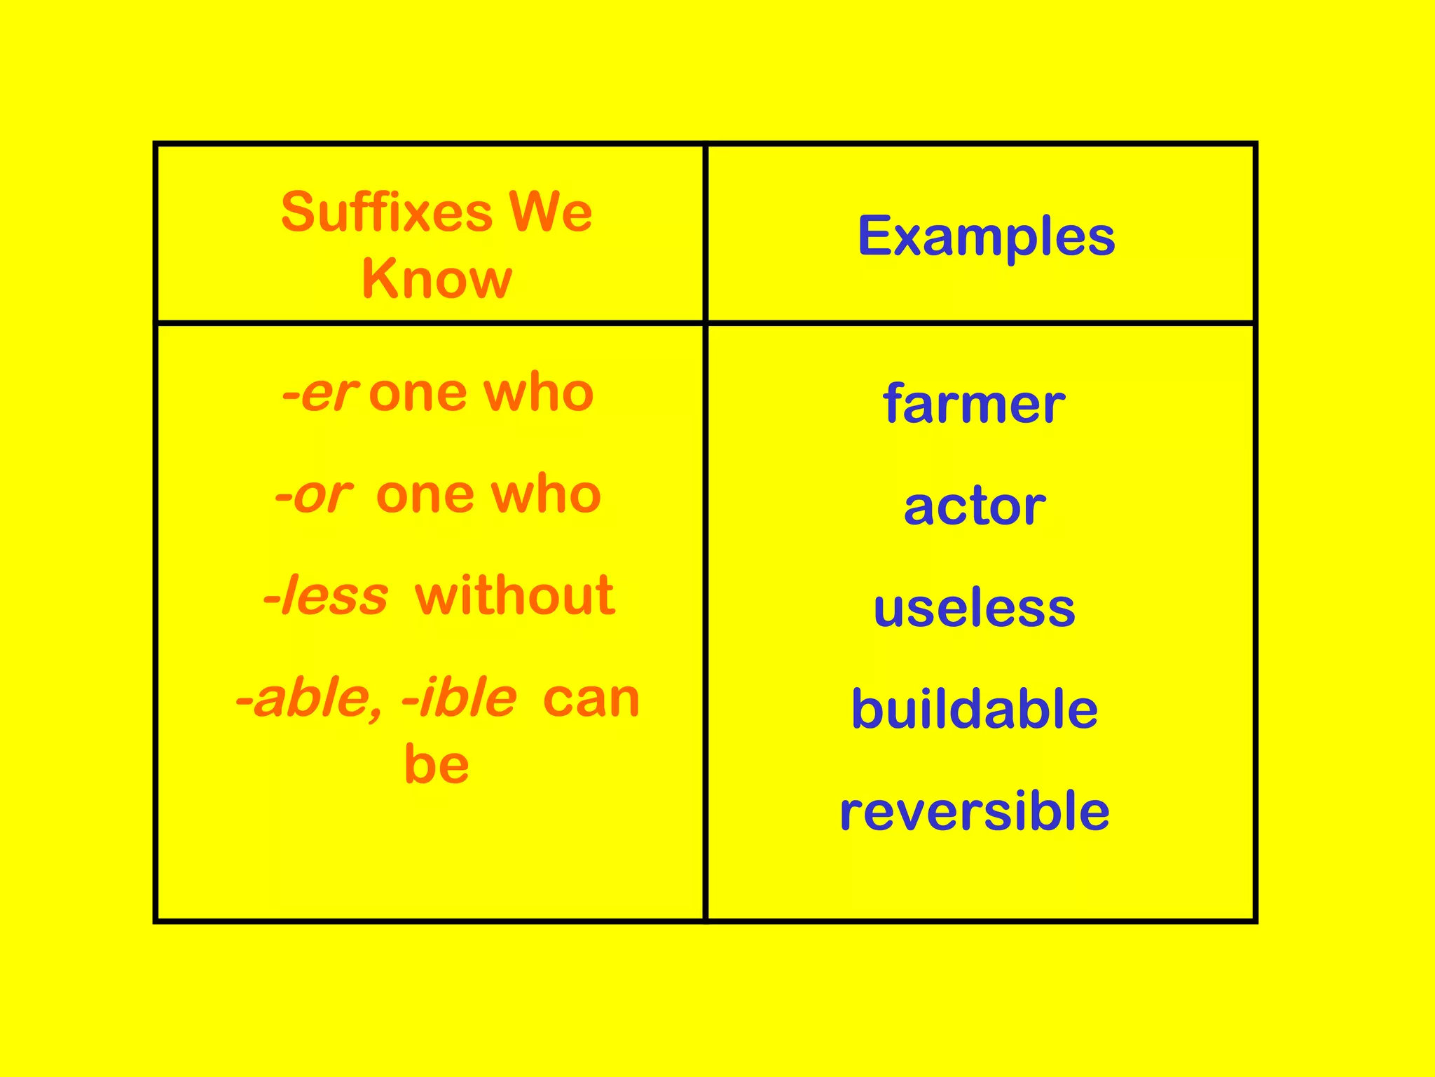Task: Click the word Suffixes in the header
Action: pos(387,212)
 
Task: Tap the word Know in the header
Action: pos(437,279)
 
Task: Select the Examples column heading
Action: pos(986,237)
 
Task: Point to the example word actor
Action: pos(974,506)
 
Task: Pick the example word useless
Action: pos(974,608)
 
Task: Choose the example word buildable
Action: pos(974,710)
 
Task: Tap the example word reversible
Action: pos(974,811)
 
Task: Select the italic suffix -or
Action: pos(313,495)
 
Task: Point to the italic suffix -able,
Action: pos(309,698)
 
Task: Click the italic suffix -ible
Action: pos(459,698)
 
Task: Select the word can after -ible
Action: pos(591,698)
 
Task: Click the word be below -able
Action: pos(437,765)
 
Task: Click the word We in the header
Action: pos(550,212)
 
